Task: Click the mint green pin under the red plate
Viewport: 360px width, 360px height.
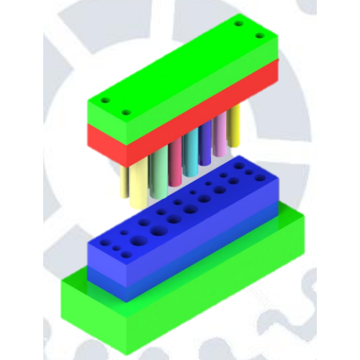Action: (158, 173)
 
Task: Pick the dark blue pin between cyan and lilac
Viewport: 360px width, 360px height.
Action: (205, 144)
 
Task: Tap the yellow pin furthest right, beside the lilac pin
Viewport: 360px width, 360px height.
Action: (234, 130)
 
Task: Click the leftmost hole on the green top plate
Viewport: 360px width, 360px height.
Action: (104, 100)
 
